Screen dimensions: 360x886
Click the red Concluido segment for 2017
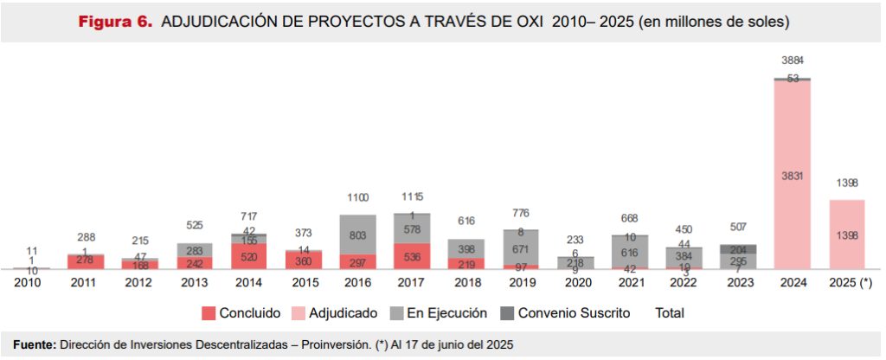(x=412, y=256)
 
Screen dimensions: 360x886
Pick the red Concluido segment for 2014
(x=248, y=256)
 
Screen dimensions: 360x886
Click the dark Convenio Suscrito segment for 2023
(x=738, y=248)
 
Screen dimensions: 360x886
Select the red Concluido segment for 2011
(x=85, y=261)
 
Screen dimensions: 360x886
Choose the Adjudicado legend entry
(x=334, y=312)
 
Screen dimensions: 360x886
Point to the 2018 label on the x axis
(x=466, y=281)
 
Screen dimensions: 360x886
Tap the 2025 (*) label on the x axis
(x=847, y=281)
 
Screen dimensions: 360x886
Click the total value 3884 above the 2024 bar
(x=793, y=61)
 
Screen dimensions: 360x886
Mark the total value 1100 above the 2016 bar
(x=357, y=198)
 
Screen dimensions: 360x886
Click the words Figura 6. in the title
(x=116, y=21)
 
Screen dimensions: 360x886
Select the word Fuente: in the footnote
(x=34, y=345)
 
